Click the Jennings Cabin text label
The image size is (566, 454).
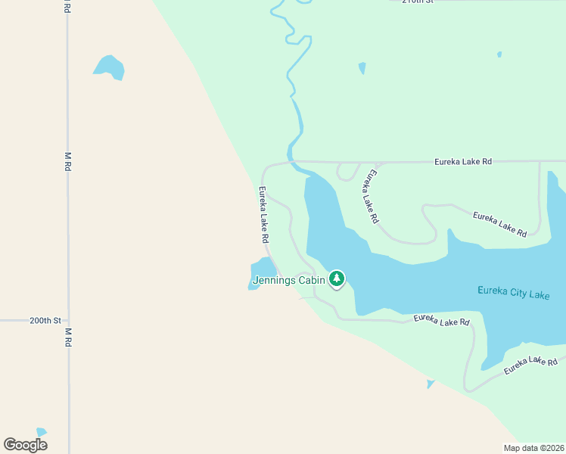pyautogui.click(x=289, y=280)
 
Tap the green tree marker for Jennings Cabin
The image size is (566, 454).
pyautogui.click(x=337, y=279)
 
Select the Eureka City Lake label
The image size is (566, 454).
pyautogui.click(x=514, y=293)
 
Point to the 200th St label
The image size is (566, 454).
pyautogui.click(x=45, y=321)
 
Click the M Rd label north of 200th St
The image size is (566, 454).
pyautogui.click(x=67, y=160)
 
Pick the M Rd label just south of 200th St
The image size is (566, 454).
pyautogui.click(x=67, y=337)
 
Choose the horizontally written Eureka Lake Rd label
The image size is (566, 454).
pyautogui.click(x=463, y=161)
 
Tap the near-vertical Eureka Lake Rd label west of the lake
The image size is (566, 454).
pyautogui.click(x=264, y=215)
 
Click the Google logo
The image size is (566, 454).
pyautogui.click(x=26, y=445)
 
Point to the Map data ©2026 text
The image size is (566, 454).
pyautogui.click(x=533, y=448)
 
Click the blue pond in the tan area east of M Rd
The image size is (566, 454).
pyautogui.click(x=110, y=67)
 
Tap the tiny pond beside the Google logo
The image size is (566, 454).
pyautogui.click(x=41, y=432)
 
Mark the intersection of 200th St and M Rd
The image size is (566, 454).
pyautogui.click(x=68, y=321)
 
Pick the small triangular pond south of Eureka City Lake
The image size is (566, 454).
pyautogui.click(x=431, y=384)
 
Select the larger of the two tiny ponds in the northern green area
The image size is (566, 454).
pyautogui.click(x=362, y=68)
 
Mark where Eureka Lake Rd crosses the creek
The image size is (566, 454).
pyautogui.click(x=290, y=161)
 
